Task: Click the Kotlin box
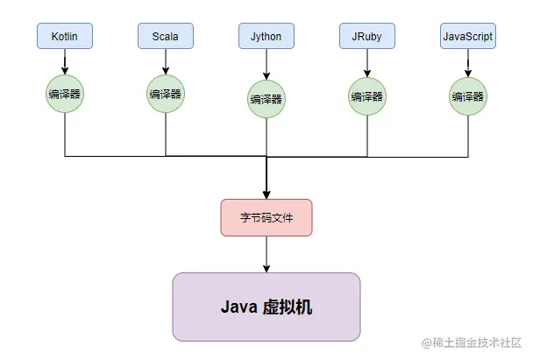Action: click(65, 37)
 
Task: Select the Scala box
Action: click(166, 37)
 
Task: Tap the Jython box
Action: click(266, 37)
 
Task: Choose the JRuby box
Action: click(367, 37)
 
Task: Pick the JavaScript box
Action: click(467, 37)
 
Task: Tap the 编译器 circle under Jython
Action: click(266, 98)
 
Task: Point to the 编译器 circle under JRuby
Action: click(367, 95)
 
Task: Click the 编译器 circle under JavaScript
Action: click(467, 95)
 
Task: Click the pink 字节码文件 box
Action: click(266, 217)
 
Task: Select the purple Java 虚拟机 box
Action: click(266, 307)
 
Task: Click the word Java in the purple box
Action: click(238, 307)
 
